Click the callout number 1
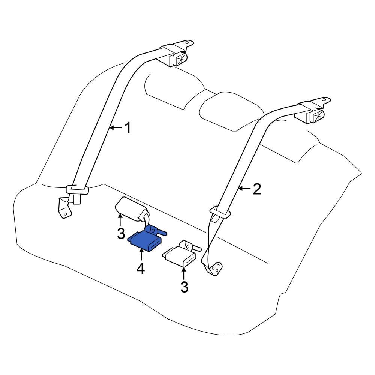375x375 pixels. coord(127,128)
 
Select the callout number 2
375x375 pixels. coord(256,189)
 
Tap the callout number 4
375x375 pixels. coord(141,268)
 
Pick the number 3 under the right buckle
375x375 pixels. coord(184,287)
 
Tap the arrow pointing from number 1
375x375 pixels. coord(115,128)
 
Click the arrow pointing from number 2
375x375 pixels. coord(244,189)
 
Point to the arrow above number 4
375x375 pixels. coord(141,256)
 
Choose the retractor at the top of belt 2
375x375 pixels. coord(311,114)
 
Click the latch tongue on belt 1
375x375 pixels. coord(77,190)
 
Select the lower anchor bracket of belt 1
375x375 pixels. coord(64,208)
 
